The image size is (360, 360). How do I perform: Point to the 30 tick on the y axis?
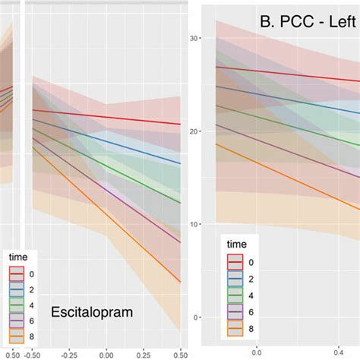pos(194,38)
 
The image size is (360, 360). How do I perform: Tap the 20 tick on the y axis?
pos(194,131)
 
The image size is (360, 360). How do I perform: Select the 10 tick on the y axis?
pos(194,224)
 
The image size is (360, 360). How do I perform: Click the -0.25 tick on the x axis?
pos(69,353)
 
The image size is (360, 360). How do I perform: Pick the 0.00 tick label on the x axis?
pos(106,353)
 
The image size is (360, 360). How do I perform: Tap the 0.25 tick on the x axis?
pos(143,353)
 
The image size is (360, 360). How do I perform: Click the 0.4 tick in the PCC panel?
pos(338,353)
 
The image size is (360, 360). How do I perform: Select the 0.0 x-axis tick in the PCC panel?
pos(256,353)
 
